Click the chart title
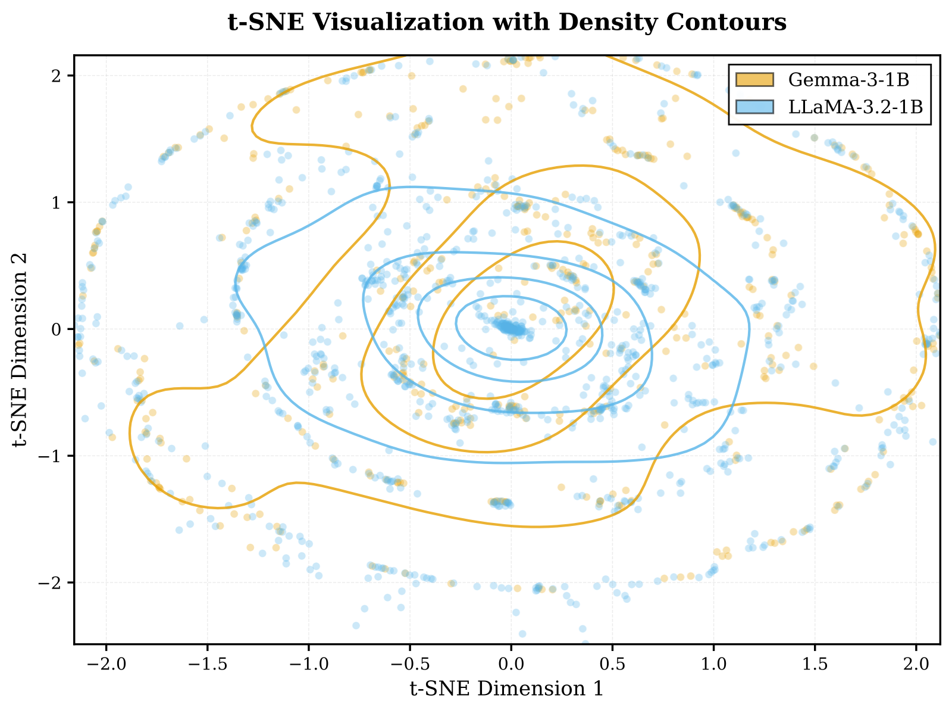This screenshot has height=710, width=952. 507,23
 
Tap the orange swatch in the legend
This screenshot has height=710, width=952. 754,79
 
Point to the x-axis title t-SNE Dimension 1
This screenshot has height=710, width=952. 507,689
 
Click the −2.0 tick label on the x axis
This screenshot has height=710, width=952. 106,661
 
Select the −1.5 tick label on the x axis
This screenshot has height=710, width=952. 207,661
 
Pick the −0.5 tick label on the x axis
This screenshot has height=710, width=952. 409,661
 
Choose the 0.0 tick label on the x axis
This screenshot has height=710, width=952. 511,661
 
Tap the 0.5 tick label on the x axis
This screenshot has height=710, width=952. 612,661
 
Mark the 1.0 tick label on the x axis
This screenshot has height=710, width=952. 713,661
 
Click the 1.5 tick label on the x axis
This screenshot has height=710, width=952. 815,661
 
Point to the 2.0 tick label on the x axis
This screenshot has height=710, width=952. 916,661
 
